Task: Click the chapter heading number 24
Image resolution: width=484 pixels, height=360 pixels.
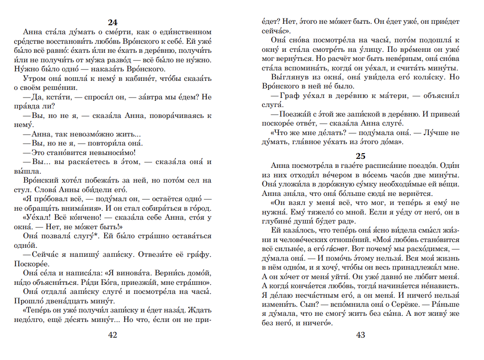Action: click(112, 22)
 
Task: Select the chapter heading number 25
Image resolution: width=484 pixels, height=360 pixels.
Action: click(360, 156)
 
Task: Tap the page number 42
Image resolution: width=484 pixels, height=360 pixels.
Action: click(112, 335)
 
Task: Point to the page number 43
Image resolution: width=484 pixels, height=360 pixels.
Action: click(360, 335)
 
